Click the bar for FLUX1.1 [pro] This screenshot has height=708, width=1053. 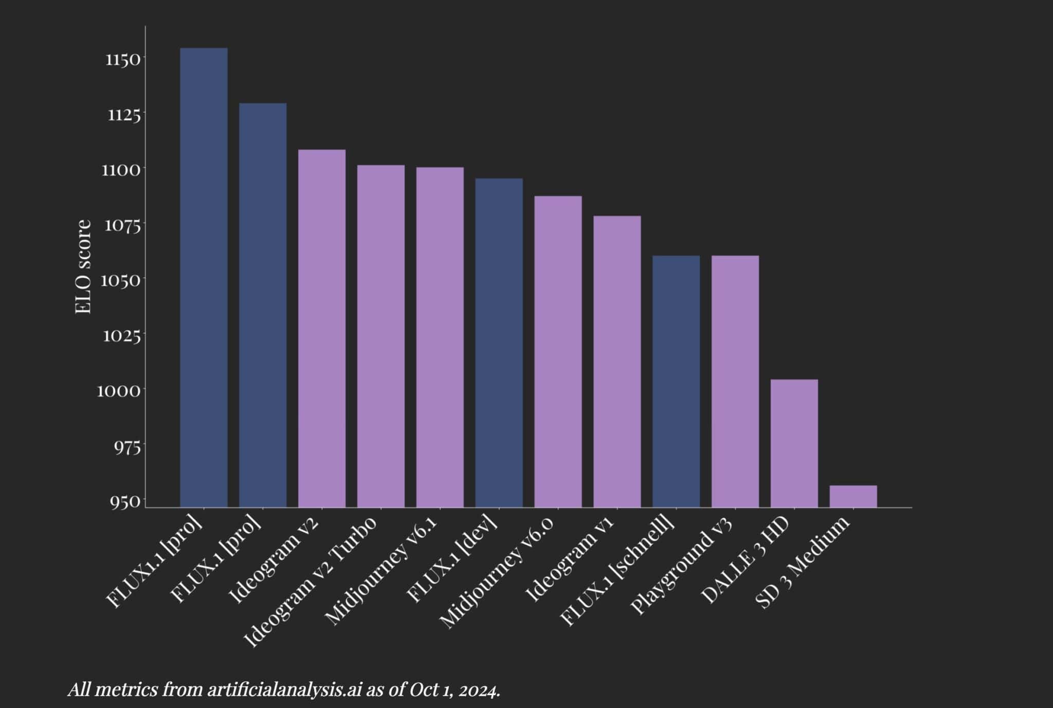[204, 278]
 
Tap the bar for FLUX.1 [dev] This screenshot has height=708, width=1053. [499, 342]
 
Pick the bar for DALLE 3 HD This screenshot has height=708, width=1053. [794, 443]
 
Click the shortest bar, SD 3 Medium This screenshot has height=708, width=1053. [853, 496]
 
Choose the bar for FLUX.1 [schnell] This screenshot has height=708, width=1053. [676, 381]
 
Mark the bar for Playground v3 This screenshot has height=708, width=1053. [735, 381]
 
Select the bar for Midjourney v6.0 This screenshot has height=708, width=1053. [558, 351]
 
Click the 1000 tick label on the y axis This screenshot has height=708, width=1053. [119, 391]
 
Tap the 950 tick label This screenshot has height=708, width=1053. [124, 501]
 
